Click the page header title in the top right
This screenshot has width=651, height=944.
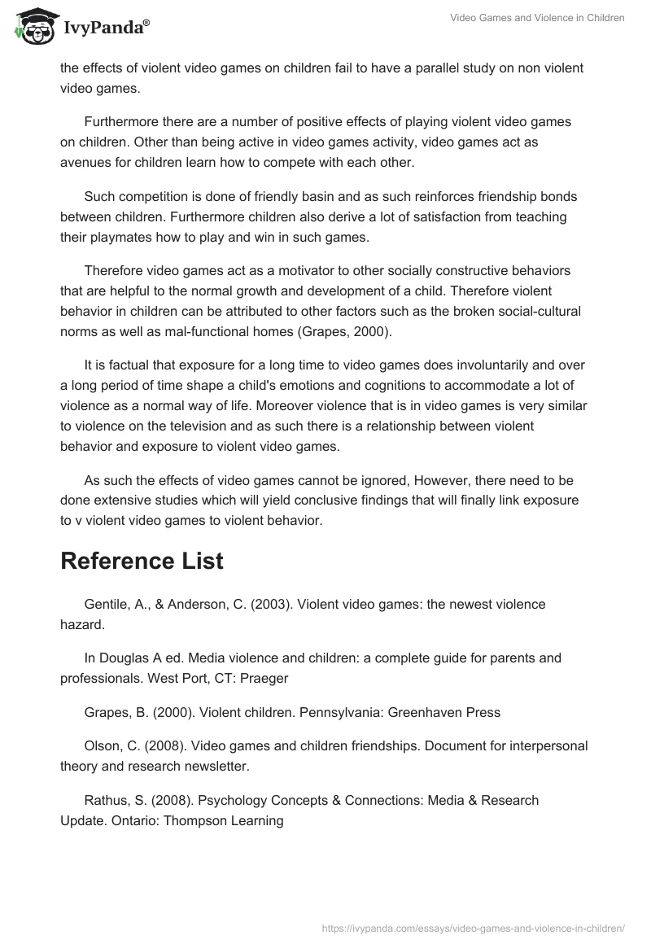click(537, 18)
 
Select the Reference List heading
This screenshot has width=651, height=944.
click(142, 561)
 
